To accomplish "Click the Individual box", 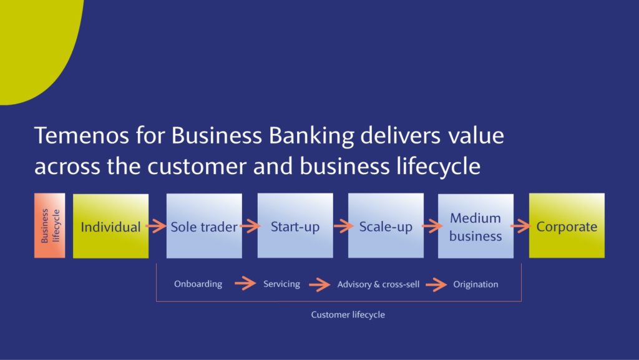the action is pos(110,226).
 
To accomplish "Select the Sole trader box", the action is pos(204,226).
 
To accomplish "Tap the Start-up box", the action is pos(295,226).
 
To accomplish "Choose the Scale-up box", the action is pos(386,226).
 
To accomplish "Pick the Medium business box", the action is pos(476,226).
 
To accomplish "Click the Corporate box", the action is pos(567,226).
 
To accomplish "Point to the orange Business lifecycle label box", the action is pos(50,226).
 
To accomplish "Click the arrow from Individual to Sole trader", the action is pos(157,226).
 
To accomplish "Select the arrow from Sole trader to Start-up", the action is pos(250,226).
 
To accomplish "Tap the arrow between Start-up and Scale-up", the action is pos(344,226).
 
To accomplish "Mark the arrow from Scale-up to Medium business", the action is pos(432,226).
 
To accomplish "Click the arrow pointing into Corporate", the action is pos(521,226).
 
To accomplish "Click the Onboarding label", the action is pos(198,284).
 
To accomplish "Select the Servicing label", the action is pos(281,284).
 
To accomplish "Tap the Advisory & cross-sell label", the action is pos(378,285).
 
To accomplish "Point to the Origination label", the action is pos(476,285).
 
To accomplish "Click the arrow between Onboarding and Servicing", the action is pos(245,283).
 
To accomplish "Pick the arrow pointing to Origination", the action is pos(436,285).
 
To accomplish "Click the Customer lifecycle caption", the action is pos(348,314).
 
